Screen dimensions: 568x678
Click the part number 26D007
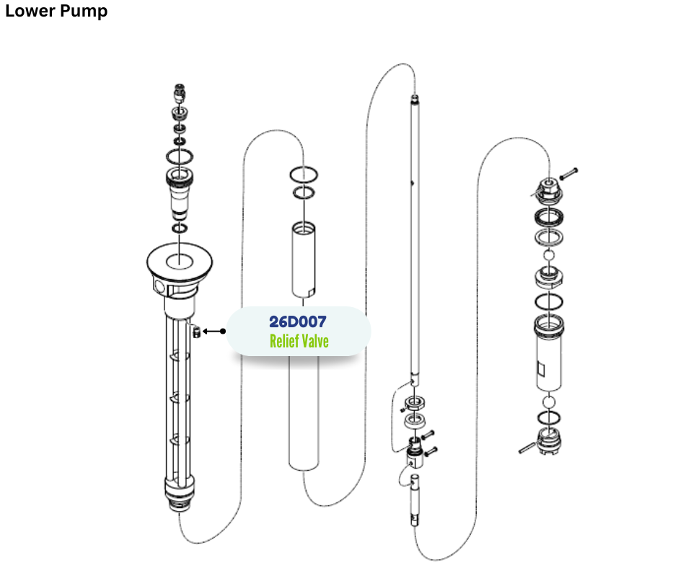[x=297, y=322]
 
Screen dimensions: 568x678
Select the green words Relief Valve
[x=299, y=341]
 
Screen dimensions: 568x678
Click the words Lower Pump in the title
[x=56, y=12]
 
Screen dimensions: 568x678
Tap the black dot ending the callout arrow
[x=223, y=332]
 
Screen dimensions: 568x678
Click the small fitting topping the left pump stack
[x=180, y=92]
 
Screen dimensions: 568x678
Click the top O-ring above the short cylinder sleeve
[x=304, y=175]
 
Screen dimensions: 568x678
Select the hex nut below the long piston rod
[x=415, y=402]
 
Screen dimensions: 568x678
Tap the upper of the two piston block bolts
[x=426, y=435]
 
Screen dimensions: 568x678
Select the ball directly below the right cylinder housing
[x=548, y=401]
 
